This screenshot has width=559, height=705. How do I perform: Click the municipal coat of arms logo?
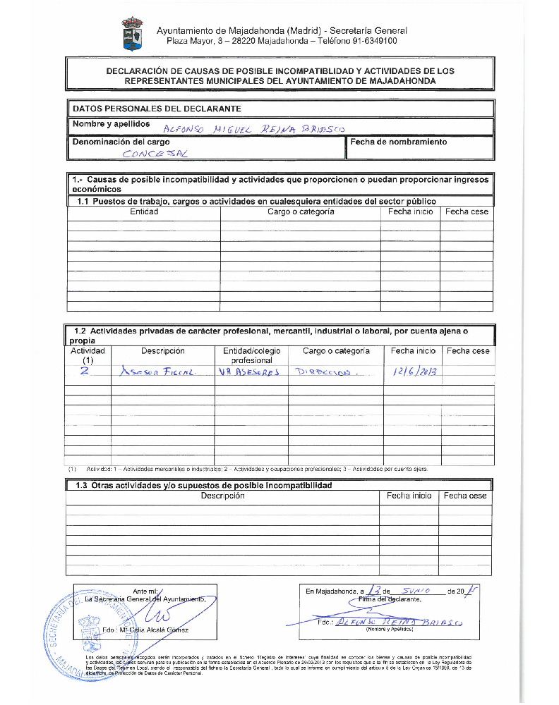point(132,35)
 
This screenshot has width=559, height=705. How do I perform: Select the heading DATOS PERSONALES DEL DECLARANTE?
point(157,109)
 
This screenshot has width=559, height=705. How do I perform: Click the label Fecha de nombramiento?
point(399,142)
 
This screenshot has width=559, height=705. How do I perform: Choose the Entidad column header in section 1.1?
point(144,211)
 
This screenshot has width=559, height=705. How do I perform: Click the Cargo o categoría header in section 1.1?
point(301,211)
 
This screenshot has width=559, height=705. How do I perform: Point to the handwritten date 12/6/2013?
point(412,372)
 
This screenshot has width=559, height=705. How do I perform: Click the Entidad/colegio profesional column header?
point(251,355)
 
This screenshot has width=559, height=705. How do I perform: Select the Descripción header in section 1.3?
point(222,496)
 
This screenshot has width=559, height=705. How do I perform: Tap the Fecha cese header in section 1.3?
point(464,496)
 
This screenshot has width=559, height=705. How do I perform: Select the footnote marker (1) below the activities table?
point(73,468)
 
